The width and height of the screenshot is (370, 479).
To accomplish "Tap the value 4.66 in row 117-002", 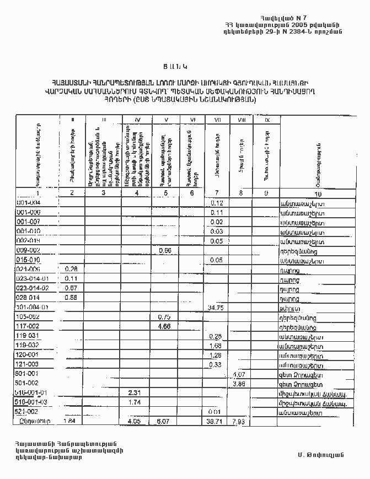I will point(164,326).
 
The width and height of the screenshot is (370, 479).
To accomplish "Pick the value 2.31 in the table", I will point(135,392).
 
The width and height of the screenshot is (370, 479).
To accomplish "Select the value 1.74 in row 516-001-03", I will point(135,402).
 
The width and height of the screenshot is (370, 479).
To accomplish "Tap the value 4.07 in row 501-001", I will point(239,374).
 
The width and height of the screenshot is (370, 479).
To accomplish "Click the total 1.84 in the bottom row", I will point(70,421).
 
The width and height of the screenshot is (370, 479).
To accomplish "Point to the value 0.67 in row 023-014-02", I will point(70,288).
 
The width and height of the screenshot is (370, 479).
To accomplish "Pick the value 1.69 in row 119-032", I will point(216,346).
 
